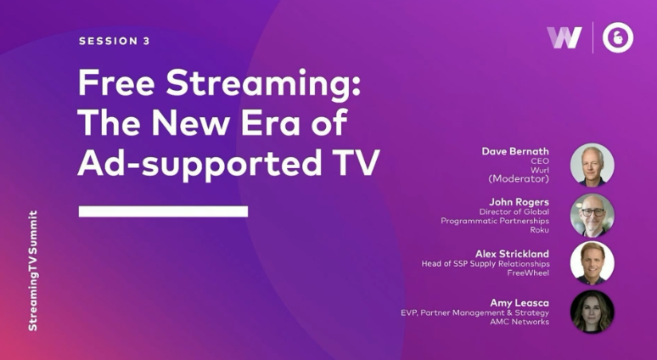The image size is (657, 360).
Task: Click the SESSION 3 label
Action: (114, 41)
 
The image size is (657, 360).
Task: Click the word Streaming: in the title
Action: (263, 85)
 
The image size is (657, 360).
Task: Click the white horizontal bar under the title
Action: (163, 211)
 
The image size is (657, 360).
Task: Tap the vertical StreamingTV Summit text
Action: (33, 271)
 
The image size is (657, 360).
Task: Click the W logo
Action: (564, 37)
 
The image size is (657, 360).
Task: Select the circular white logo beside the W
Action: (618, 37)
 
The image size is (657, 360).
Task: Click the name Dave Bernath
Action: (515, 151)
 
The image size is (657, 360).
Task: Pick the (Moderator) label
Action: (519, 179)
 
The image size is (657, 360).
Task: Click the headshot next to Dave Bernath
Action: (592, 165)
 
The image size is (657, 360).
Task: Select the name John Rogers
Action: (519, 202)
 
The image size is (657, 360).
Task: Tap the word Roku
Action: (539, 229)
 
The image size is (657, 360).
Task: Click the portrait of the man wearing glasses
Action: (592, 215)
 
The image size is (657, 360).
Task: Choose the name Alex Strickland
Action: (512, 254)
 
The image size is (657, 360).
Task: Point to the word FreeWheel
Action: (528, 273)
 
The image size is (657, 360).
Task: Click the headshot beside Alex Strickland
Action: (592, 263)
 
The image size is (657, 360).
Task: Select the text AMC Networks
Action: (519, 322)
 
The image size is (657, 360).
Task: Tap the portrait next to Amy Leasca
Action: (592, 312)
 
